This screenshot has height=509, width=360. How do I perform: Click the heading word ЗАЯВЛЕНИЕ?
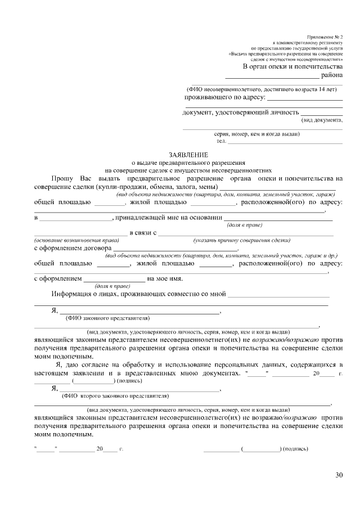pyautogui.click(x=188, y=154)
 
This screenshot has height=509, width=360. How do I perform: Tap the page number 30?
pyautogui.click(x=339, y=475)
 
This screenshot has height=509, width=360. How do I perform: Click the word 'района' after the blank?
pyautogui.click(x=332, y=75)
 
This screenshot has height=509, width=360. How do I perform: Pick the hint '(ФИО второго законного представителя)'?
pyautogui.click(x=115, y=395)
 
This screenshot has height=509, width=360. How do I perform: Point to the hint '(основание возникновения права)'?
pyautogui.click(x=72, y=240)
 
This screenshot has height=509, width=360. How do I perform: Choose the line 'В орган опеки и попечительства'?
pyautogui.click(x=292, y=66)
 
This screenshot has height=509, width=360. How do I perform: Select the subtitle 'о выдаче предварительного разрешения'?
pyautogui.click(x=188, y=161)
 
